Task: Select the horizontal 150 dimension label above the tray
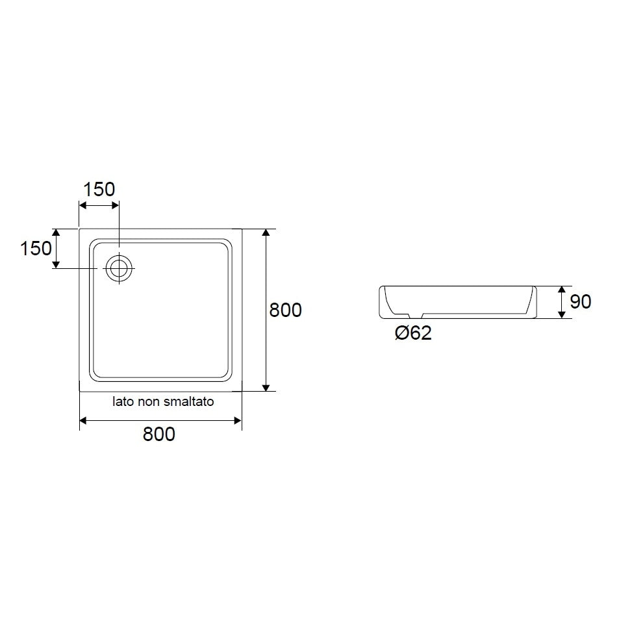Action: point(99,190)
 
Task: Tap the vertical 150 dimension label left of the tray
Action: point(36,248)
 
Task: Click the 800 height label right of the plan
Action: point(285,310)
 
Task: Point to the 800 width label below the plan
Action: point(158,435)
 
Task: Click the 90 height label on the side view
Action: point(581,301)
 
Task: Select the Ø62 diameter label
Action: point(413,333)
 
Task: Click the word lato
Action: point(120,402)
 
